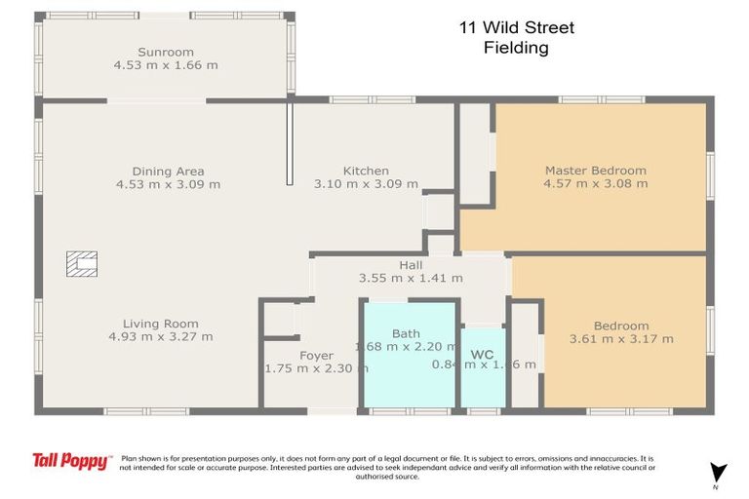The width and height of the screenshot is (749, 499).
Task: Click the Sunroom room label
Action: [165, 52]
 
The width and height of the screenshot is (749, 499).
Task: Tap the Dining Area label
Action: [168, 171]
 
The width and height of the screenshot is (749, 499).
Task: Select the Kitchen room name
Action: [366, 171]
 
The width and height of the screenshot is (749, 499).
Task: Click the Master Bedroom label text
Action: [595, 171]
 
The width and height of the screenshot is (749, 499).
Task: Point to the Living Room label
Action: [160, 324]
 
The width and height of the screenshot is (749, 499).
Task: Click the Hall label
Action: [411, 264]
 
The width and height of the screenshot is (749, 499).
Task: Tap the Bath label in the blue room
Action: [406, 333]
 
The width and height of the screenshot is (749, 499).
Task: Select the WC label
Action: [483, 353]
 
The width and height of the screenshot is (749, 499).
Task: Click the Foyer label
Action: [316, 356]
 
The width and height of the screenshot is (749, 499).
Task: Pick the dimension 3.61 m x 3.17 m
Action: [621, 339]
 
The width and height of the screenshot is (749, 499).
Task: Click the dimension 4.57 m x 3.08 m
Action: [595, 184]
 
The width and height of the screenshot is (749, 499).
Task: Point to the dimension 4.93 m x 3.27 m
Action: [160, 337]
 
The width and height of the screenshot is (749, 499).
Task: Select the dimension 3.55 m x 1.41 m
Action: [411, 278]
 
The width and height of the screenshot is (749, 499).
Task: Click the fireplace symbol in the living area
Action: [82, 263]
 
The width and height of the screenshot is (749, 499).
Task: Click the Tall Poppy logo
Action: [70, 461]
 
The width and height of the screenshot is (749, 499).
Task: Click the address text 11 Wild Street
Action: [517, 28]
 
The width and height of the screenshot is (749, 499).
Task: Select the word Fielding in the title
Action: [517, 48]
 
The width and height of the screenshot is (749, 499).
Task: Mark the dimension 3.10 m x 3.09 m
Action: [366, 184]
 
